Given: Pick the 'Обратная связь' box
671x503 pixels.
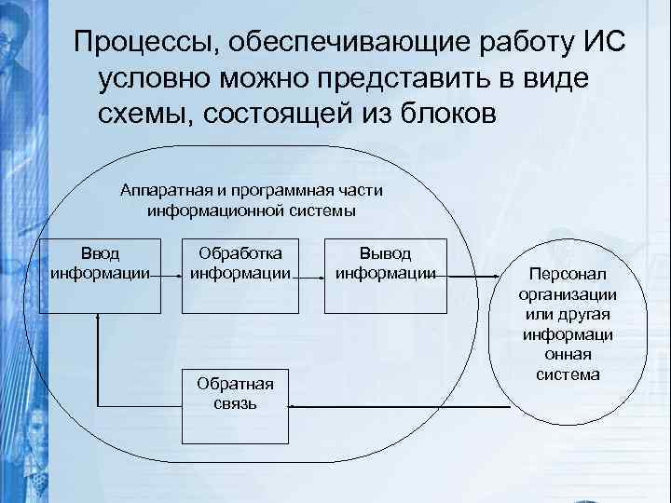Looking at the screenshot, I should pyautogui.click(x=236, y=392).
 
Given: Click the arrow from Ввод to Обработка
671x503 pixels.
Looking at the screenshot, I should pyautogui.click(x=168, y=276).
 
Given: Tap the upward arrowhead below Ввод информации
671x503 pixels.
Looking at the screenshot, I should pyautogui.click(x=97, y=318).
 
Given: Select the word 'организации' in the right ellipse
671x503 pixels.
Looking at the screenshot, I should pyautogui.click(x=568, y=295).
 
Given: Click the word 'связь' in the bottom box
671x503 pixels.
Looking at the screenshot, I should pyautogui.click(x=235, y=403).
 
